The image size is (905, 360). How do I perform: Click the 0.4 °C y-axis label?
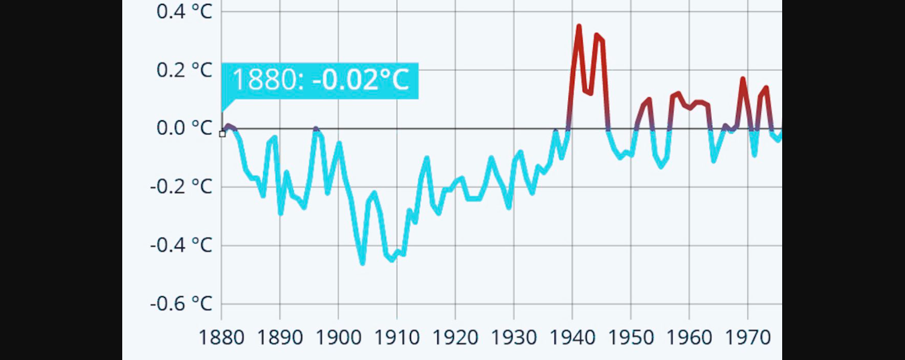click(184, 11)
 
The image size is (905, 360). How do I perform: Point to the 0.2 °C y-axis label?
click(184, 70)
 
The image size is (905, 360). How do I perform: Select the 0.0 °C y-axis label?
click(184, 128)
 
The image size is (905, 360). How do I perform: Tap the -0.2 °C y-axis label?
click(181, 187)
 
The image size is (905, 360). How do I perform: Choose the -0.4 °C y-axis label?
click(181, 245)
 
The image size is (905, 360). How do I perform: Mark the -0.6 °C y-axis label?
click(181, 303)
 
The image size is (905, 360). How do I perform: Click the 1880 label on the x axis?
click(222, 338)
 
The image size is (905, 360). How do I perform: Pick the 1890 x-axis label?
click(280, 338)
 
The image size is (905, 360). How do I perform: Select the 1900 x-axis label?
click(338, 338)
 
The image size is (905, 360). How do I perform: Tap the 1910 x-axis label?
click(397, 338)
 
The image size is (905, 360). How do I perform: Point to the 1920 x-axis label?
click(455, 338)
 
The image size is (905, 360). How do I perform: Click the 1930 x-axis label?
click(514, 338)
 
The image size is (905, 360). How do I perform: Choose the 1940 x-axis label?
click(572, 338)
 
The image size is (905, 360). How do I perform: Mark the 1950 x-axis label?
click(630, 338)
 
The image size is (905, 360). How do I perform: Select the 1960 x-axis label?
click(689, 338)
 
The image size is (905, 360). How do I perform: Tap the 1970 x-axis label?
click(747, 338)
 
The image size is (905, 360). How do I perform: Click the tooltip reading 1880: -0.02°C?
click(320, 80)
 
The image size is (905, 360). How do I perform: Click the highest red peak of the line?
click(579, 26)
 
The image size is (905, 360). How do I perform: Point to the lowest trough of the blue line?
click(362, 263)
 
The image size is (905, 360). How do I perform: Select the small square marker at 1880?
click(222, 134)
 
